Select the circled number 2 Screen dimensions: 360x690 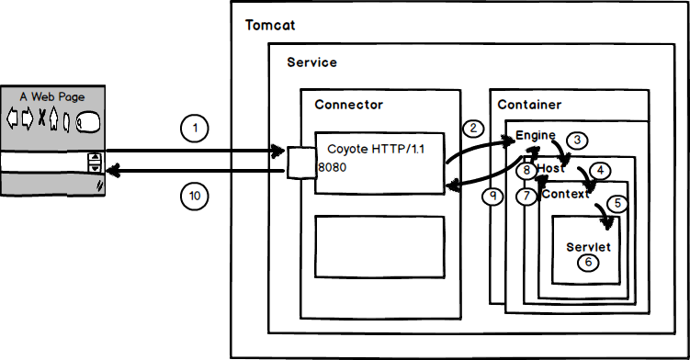473,129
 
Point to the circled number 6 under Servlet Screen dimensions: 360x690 588,263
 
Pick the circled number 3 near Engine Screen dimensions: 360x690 576,141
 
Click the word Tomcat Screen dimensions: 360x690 269,24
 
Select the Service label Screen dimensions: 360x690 311,62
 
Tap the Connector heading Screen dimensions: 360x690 348,105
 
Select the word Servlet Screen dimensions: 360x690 588,247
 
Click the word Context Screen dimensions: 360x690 565,195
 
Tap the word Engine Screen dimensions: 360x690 536,135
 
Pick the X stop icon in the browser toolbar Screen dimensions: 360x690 40,118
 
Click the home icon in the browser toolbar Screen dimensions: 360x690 53,118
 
